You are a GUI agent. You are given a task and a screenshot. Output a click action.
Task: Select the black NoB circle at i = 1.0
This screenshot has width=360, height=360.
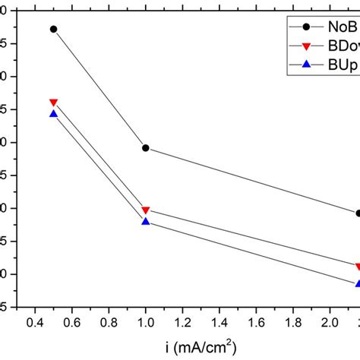coord(146,148)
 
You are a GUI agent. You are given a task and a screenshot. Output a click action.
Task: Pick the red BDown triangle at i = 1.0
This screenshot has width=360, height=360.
coord(146,210)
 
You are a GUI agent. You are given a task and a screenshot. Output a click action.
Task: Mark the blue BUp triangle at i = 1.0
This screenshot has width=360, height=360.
coord(146,221)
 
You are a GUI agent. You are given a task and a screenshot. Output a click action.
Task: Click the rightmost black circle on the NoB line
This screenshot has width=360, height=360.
coord(358,213)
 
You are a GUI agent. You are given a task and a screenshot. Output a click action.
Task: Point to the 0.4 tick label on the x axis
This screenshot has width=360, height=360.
coord(34,323)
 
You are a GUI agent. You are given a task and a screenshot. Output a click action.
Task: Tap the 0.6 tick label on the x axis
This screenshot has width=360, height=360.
coord(71,323)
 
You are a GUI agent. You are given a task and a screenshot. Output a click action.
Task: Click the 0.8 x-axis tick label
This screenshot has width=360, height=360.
coord(109,323)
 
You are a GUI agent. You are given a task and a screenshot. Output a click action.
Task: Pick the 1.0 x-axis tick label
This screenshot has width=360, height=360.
coord(146,323)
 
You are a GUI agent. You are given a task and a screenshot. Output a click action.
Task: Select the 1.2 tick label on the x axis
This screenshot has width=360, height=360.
coord(183,323)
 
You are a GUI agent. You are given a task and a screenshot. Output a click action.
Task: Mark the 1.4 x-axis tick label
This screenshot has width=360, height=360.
coord(220,323)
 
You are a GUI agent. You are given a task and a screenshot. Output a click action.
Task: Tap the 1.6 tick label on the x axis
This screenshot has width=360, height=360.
coord(257,323)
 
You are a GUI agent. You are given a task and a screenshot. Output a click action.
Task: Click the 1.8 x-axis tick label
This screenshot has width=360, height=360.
coord(295,323)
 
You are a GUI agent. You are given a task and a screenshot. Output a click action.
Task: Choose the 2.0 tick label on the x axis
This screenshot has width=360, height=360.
coord(332,323)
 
